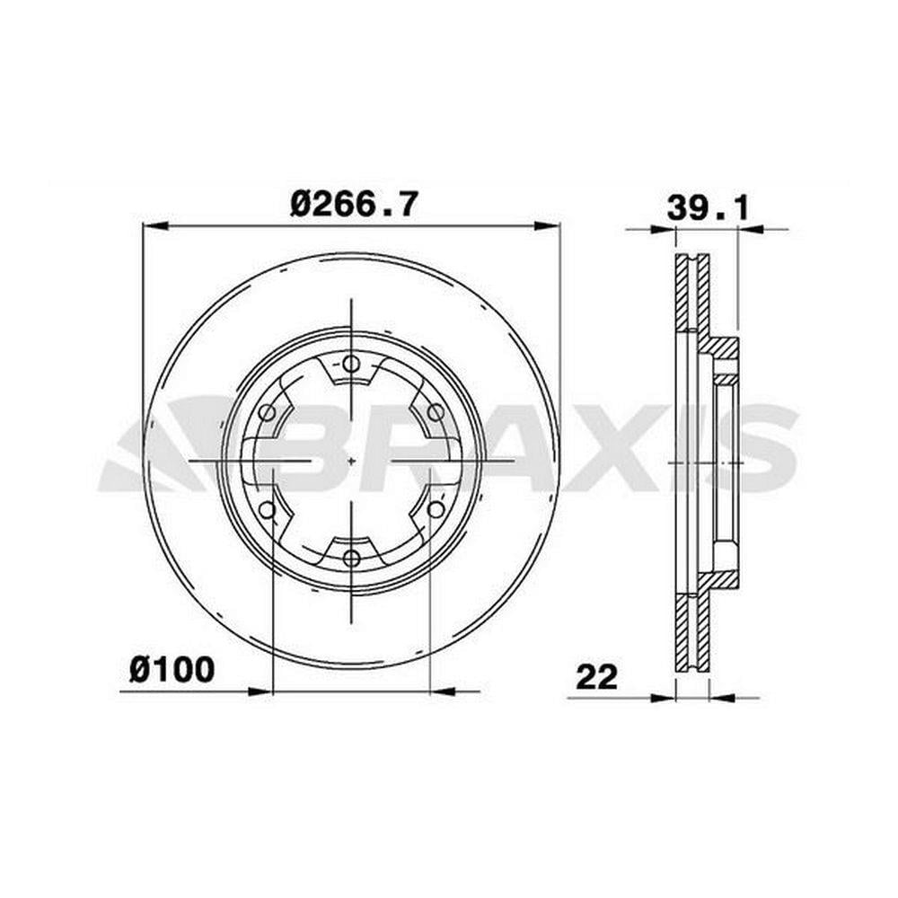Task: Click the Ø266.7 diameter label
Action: point(354,204)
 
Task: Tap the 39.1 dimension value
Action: point(708,208)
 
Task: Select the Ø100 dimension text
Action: point(172,670)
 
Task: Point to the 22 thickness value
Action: point(597,676)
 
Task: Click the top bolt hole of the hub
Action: point(351,364)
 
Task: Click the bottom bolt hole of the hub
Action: point(351,558)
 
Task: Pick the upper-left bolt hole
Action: point(267,412)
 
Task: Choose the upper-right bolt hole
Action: point(436,412)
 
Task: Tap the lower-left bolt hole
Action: point(267,509)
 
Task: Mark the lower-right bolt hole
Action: point(436,508)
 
